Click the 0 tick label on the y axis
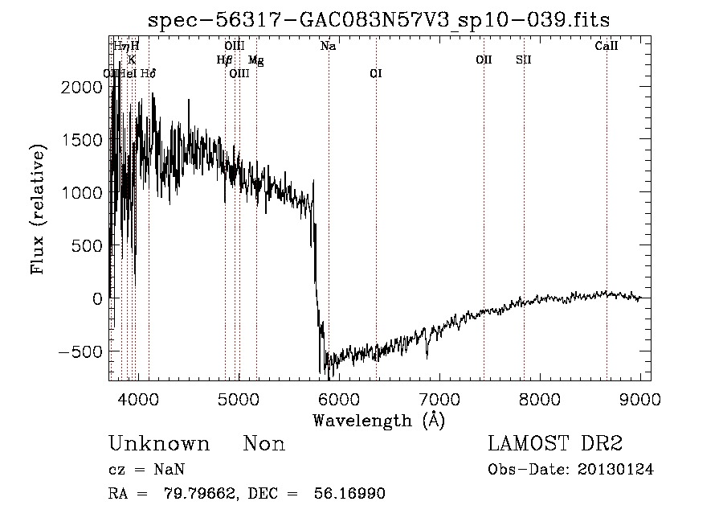click(96, 298)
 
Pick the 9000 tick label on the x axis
click(639, 397)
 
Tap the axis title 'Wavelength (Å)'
click(378, 420)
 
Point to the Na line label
click(328, 47)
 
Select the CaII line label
click(606, 47)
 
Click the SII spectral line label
click(523, 60)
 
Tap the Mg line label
click(255, 60)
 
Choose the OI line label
click(375, 73)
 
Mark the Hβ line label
click(224, 60)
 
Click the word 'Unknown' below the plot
click(159, 444)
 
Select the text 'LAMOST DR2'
click(555, 444)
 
